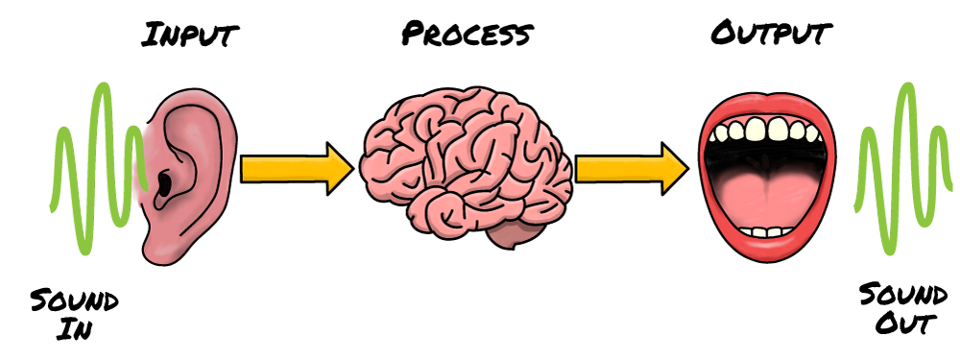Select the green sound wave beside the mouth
[898, 173]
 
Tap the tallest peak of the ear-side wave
[103, 86]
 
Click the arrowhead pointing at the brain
[339, 169]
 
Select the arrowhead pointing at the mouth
[674, 169]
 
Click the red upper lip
[768, 104]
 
